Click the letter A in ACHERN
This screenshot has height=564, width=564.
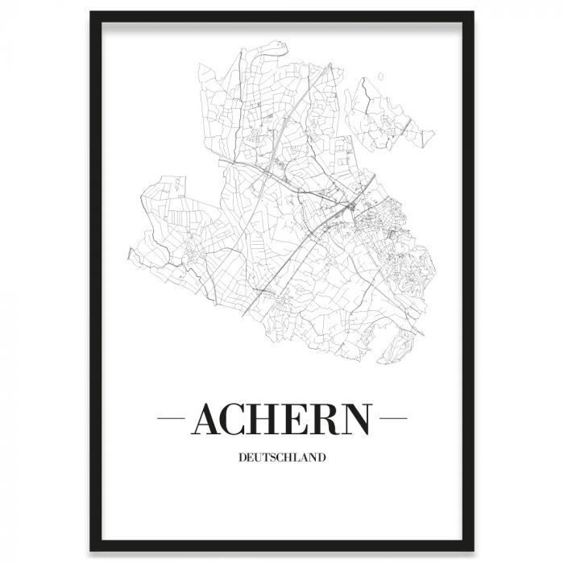[208, 419]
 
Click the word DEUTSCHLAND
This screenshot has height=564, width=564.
[282, 458]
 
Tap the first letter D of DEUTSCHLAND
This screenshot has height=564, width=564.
[242, 458]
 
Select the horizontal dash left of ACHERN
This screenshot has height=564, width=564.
[171, 419]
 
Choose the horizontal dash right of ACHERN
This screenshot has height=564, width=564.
[393, 419]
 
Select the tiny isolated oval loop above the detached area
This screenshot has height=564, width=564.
[379, 78]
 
